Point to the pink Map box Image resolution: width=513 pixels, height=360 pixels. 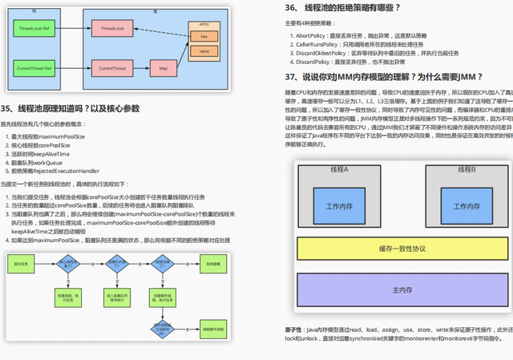(x=163, y=69)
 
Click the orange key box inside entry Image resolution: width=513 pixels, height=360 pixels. (x=204, y=38)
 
